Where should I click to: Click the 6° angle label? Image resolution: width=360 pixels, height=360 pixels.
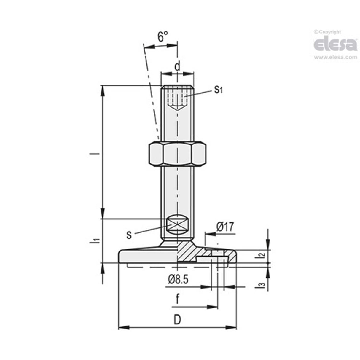163,37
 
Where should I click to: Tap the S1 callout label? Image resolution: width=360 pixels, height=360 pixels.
218,90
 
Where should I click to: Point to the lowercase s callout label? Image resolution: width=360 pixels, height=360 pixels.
129,235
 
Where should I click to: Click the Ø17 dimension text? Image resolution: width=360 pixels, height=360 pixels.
225,227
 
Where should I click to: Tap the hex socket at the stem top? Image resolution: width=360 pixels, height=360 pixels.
177,98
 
